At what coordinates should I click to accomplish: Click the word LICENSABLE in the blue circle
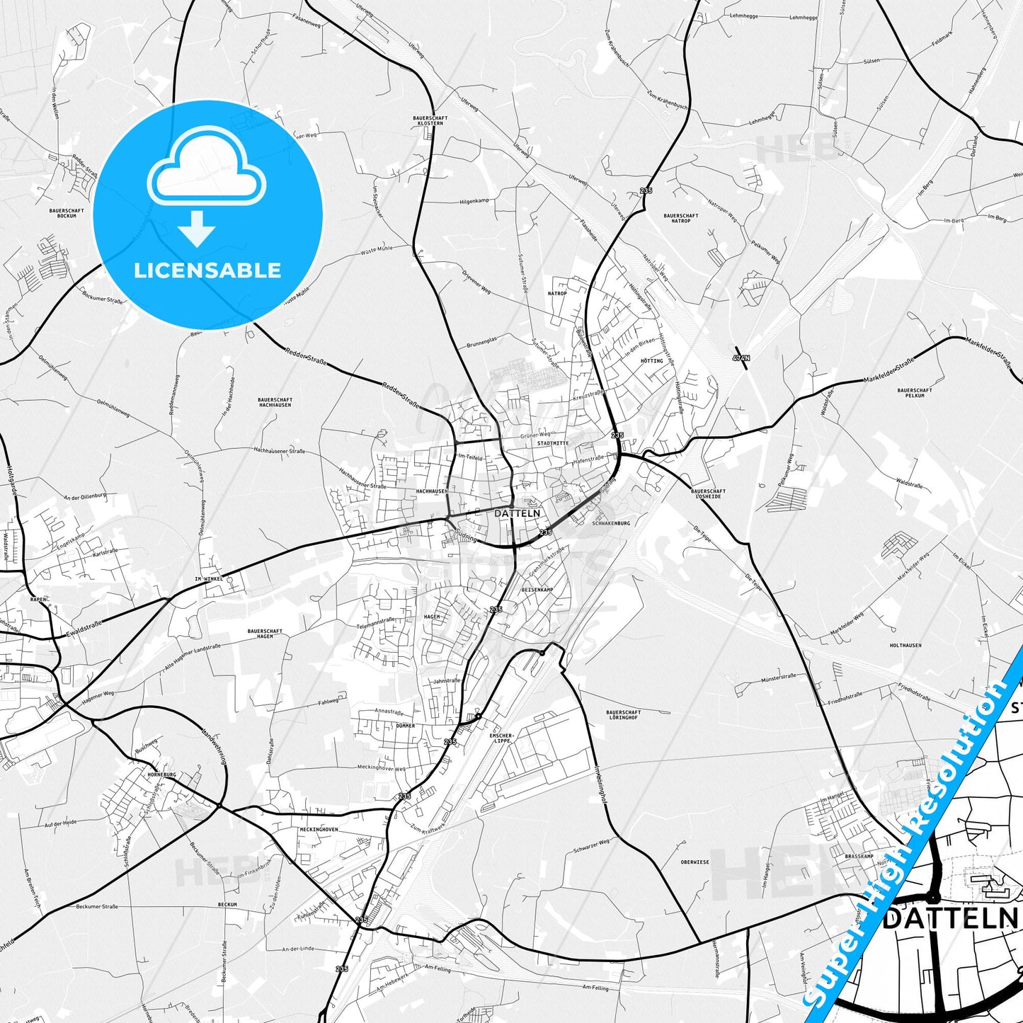[207, 270]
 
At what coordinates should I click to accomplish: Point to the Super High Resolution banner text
[914, 835]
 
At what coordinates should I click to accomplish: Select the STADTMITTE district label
[553, 443]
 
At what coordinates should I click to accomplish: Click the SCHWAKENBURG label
[610, 523]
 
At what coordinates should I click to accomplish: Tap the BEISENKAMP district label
[537, 589]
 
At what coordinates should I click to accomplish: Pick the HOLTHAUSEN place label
[905, 646]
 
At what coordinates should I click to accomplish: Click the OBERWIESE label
[695, 862]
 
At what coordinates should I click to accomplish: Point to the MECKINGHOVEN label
[319, 829]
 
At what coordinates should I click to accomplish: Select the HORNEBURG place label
[161, 775]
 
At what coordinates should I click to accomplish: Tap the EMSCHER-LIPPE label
[501, 738]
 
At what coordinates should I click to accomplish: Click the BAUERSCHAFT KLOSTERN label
[430, 120]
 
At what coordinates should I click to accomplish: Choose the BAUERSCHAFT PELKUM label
[915, 392]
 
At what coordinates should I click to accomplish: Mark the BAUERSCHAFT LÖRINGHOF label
[624, 715]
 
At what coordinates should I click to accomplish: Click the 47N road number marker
[741, 358]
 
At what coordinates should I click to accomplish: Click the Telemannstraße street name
[375, 623]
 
